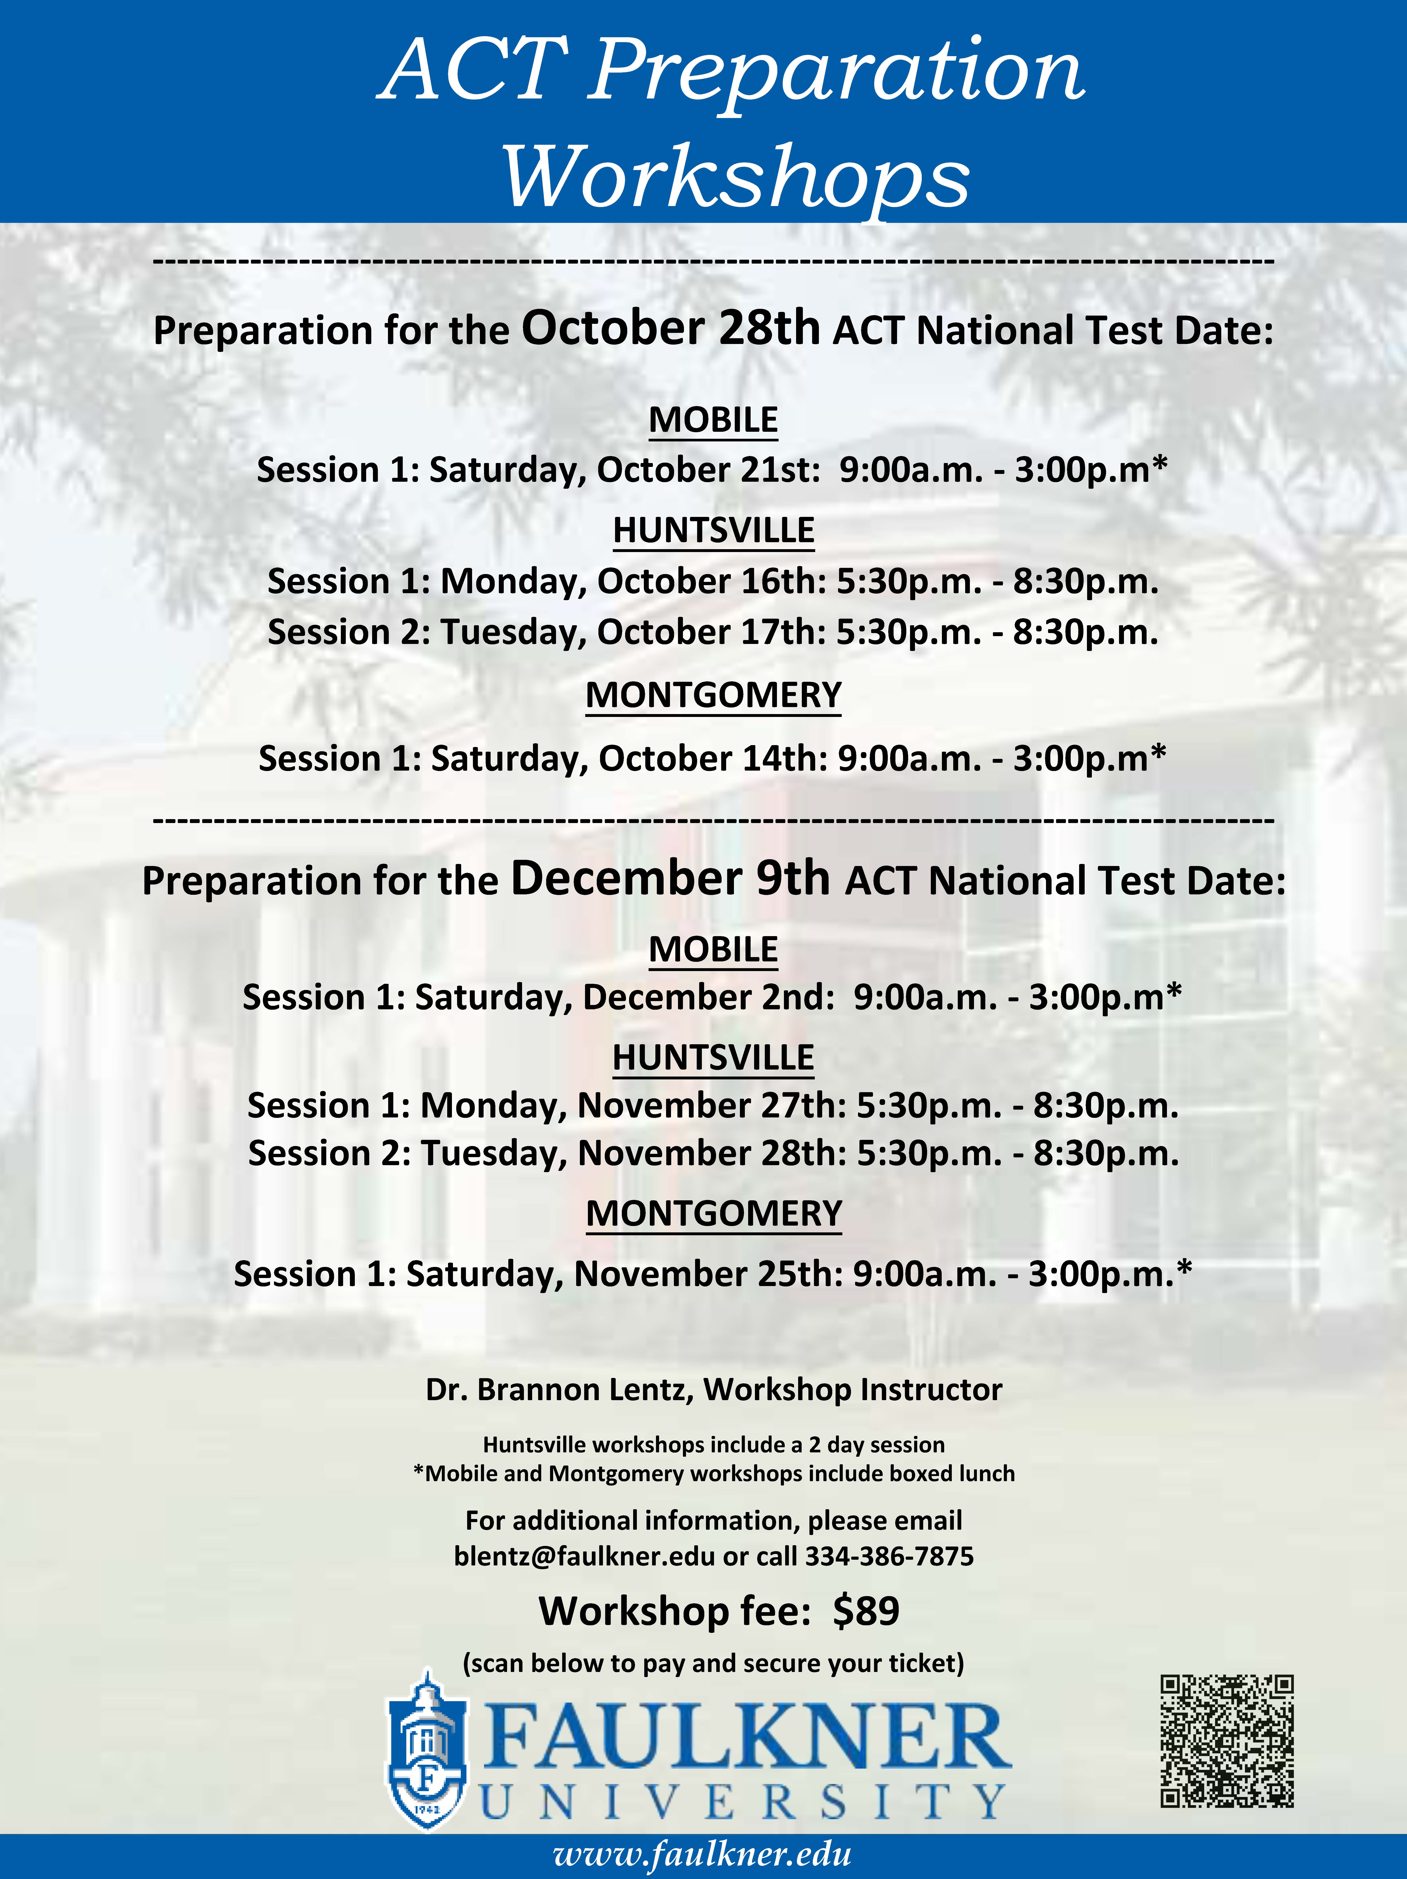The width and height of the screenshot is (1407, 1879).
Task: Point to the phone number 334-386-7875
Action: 889,1556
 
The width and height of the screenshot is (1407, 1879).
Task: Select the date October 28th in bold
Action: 670,329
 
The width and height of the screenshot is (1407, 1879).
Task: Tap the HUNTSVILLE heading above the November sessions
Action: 713,1058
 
